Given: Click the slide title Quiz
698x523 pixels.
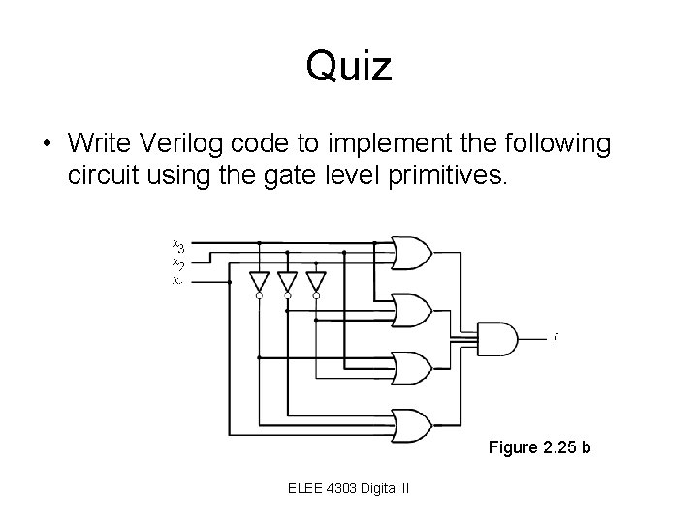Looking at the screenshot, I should point(349,67).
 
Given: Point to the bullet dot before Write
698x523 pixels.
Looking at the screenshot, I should point(46,144).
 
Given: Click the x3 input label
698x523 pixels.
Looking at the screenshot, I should point(178,246).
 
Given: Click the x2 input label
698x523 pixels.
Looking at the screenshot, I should point(178,262).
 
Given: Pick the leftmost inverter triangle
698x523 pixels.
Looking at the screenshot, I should point(259,281).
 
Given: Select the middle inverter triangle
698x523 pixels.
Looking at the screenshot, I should point(287,281).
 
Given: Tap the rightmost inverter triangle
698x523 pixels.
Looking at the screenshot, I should point(315,281).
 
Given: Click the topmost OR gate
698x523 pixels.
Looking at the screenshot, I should point(411,253).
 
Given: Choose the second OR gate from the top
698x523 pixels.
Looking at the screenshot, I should point(411,310).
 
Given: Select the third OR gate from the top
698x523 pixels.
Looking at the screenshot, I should point(411,367).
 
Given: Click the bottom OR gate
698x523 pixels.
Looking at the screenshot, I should point(411,423).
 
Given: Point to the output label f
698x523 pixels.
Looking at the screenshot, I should point(555,339).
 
